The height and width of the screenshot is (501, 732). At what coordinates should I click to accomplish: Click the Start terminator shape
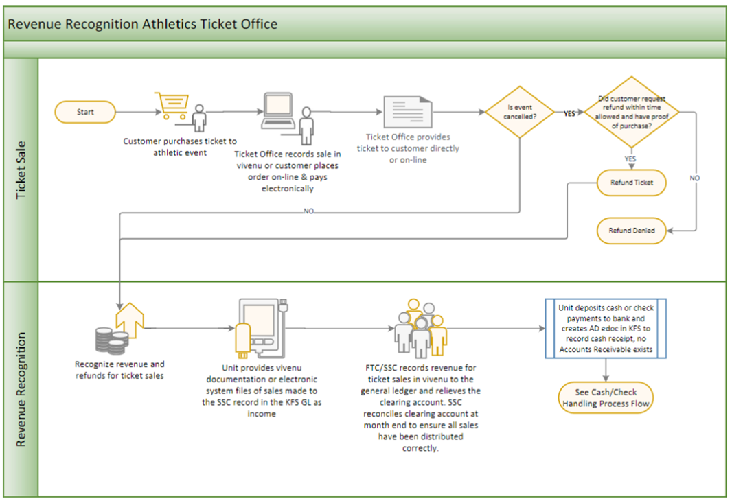pos(85,112)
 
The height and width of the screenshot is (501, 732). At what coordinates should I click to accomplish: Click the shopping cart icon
pos(172,106)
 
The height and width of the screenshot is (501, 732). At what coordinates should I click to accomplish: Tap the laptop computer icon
pos(278,110)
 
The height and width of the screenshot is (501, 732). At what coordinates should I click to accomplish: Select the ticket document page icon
pos(408,112)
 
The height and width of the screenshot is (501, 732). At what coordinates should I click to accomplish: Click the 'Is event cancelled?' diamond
pos(520,112)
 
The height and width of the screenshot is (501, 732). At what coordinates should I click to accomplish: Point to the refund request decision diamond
pos(632,112)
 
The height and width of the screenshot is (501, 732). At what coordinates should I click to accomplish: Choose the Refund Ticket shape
pos(632,183)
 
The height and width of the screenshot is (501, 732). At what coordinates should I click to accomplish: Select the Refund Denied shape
pos(632,231)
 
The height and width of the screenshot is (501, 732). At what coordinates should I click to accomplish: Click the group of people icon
pos(421,329)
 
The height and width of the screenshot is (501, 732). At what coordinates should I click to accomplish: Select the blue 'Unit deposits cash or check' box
pos(606,329)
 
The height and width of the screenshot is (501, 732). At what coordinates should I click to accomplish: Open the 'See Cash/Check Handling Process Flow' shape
pos(606,398)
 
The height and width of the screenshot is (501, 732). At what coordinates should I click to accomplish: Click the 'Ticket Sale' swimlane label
pos(21,170)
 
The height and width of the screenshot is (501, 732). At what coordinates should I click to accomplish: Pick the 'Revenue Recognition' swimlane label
pos(21,389)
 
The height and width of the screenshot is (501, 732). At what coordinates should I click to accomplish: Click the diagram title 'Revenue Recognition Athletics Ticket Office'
pos(143,24)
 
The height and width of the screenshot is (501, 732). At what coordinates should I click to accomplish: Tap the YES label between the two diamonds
pos(569,113)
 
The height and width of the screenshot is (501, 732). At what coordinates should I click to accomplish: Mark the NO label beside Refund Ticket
pos(695,178)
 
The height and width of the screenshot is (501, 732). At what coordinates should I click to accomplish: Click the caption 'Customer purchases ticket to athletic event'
pos(180,146)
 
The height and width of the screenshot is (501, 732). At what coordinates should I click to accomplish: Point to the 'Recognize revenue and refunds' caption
pos(119,370)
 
